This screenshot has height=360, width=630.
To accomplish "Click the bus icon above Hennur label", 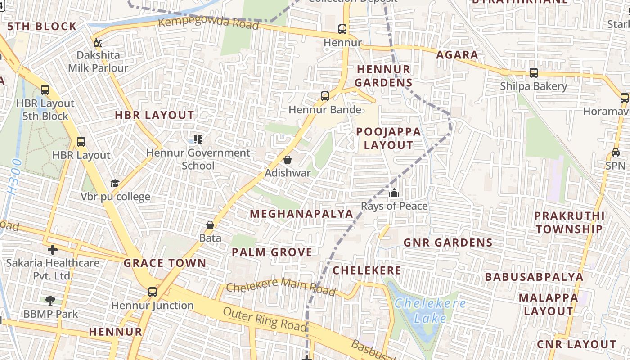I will click(342, 29).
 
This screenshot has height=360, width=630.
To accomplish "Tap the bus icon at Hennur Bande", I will click(325, 96).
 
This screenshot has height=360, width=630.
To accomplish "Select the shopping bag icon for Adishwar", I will click(288, 160).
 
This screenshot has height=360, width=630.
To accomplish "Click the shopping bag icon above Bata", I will click(210, 225).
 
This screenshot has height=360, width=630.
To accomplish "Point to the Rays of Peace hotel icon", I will click(394, 193).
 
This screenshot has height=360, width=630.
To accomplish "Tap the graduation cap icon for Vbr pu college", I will click(115, 183).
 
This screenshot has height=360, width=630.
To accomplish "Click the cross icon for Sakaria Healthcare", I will click(53, 249).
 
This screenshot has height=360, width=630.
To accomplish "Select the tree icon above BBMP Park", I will click(50, 300).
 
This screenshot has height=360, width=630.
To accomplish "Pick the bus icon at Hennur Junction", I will click(153, 292).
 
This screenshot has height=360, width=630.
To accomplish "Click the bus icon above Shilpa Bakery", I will click(534, 72).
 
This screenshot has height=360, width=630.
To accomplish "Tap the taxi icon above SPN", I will click(615, 152).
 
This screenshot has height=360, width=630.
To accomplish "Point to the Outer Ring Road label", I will click(265, 319).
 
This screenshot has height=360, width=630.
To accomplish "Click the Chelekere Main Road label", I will click(281, 286).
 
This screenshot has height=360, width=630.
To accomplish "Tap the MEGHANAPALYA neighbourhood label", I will click(301, 214).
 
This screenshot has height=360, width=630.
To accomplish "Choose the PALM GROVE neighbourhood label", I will click(272, 252).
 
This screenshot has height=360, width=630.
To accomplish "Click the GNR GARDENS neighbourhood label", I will click(448, 243).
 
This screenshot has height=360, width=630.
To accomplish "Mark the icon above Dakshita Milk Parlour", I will click(98, 43).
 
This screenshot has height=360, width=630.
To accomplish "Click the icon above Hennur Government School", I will click(198, 139).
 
